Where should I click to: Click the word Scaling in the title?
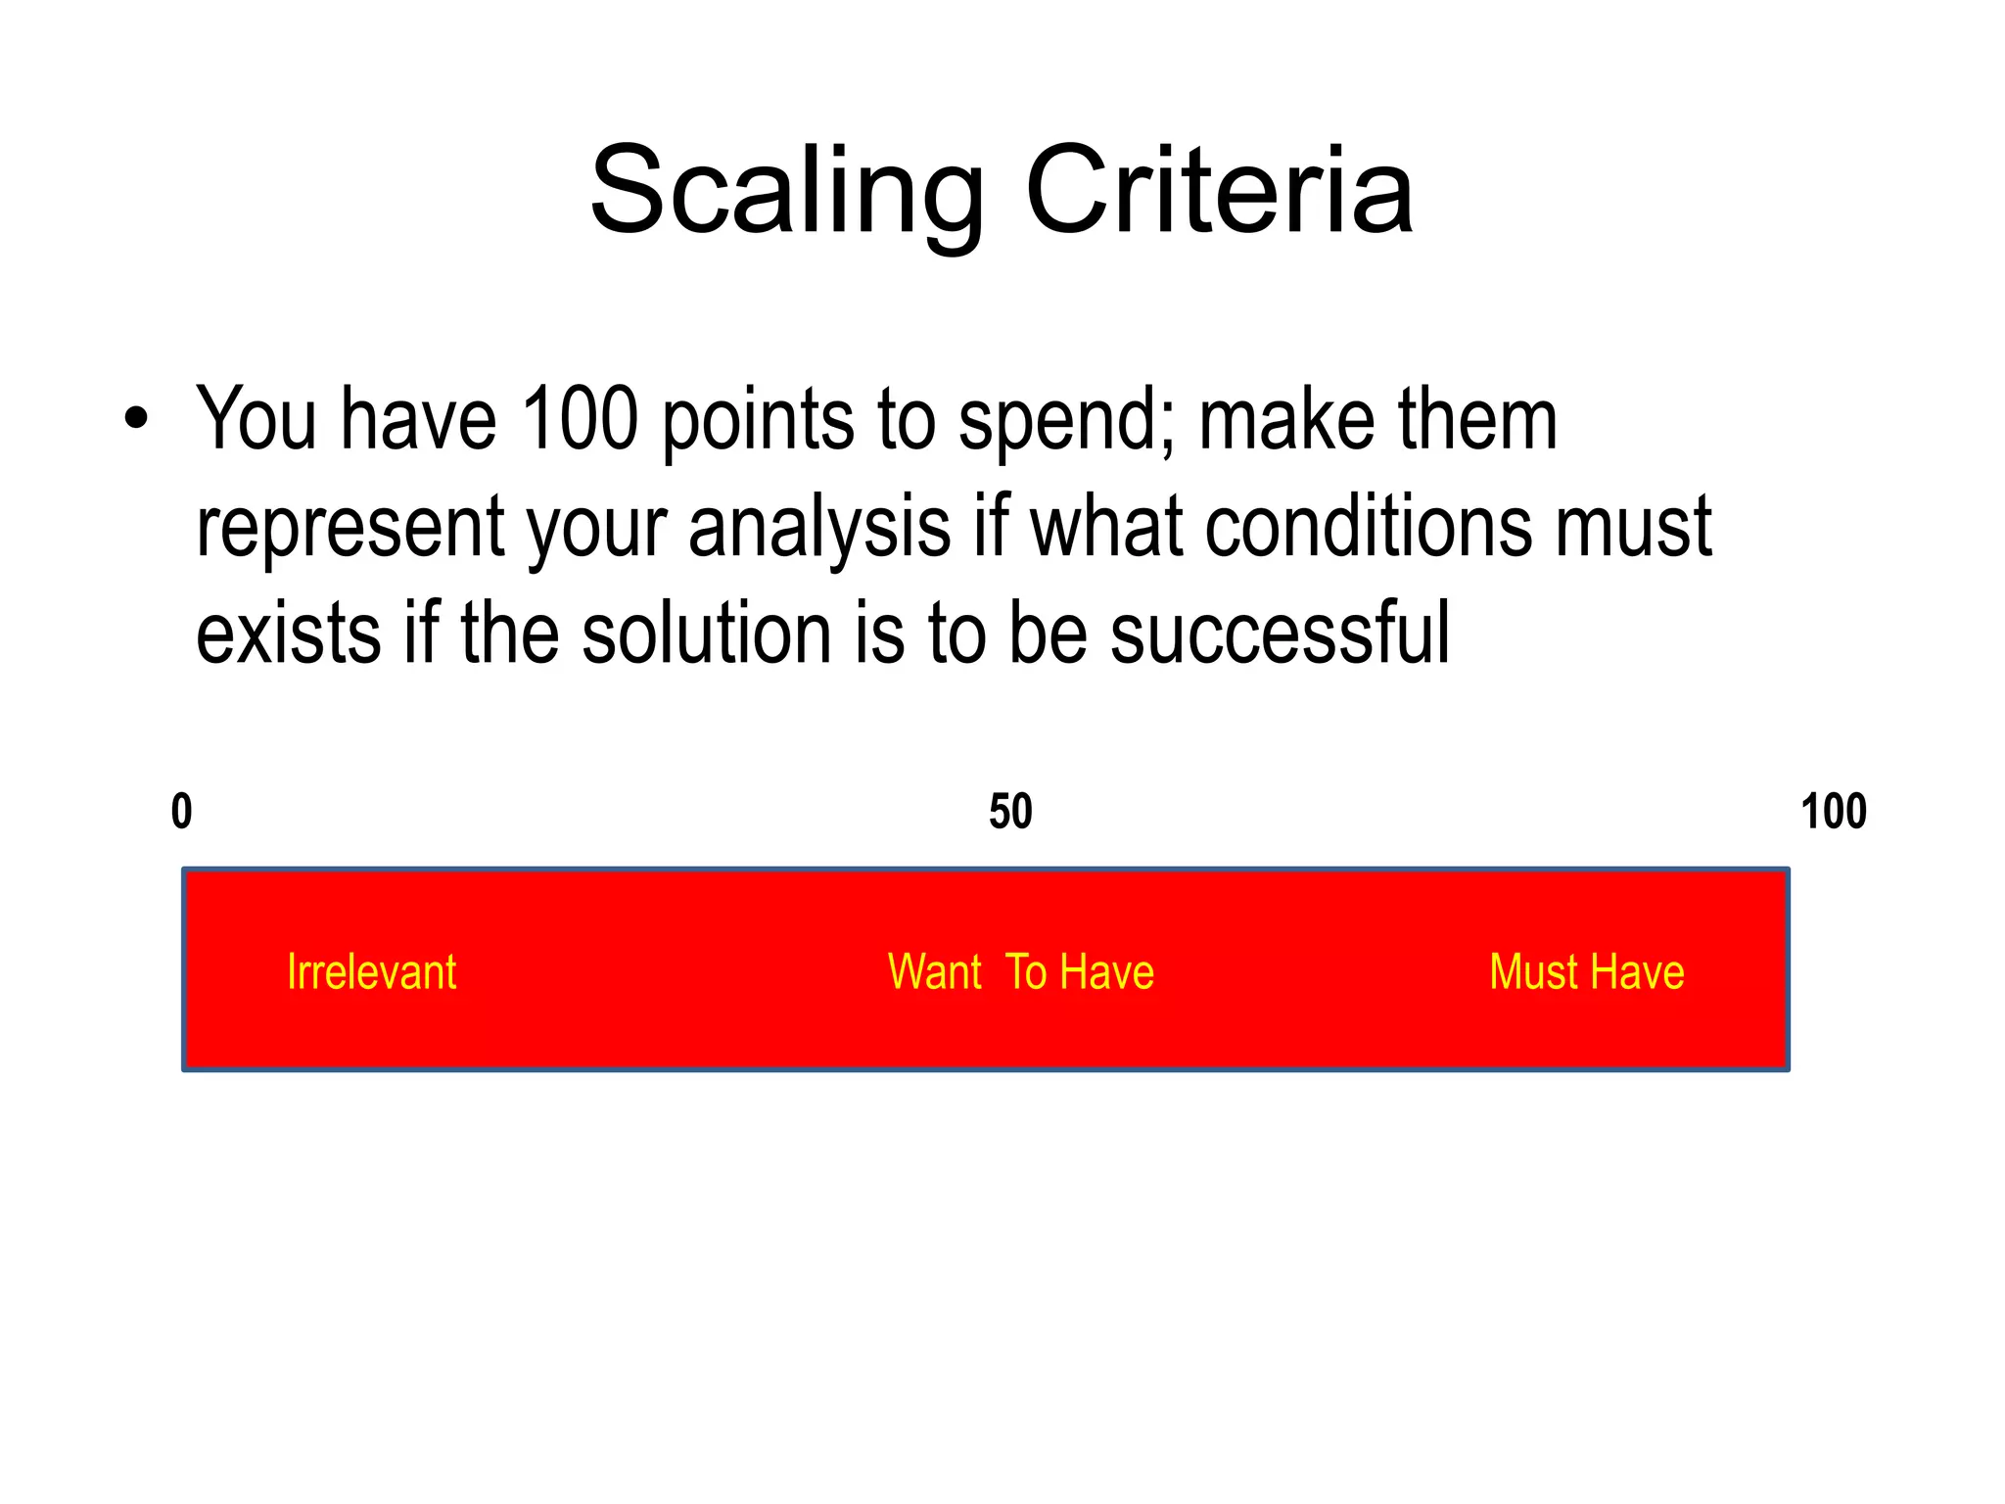[786, 192]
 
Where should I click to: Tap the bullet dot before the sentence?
[137, 418]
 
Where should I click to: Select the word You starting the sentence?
[256, 418]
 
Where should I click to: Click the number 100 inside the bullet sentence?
[580, 418]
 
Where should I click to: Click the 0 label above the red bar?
[182, 812]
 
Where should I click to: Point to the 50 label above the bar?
[1010, 812]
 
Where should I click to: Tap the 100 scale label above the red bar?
[1834, 812]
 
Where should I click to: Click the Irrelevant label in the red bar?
[371, 972]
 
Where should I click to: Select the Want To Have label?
[1021, 972]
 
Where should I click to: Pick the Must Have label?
[1587, 972]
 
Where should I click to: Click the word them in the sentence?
[1477, 418]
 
